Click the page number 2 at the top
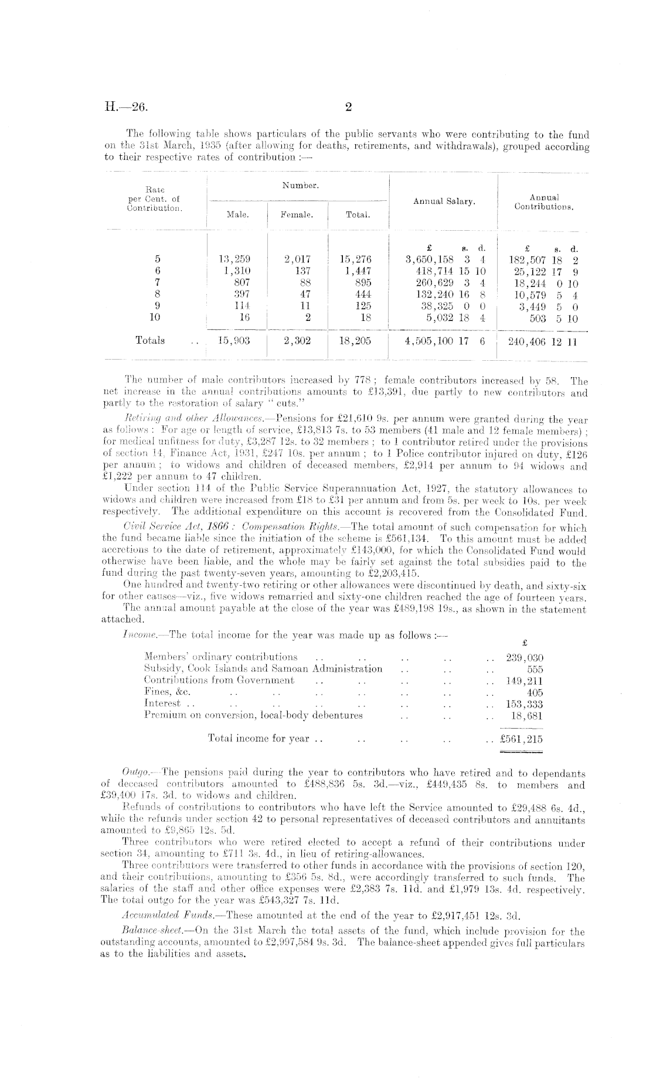click(348, 107)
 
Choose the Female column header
click(297, 215)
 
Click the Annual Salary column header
click(444, 201)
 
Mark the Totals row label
click(150, 340)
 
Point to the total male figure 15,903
click(234, 340)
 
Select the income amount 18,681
click(526, 715)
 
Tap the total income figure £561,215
click(521, 739)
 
